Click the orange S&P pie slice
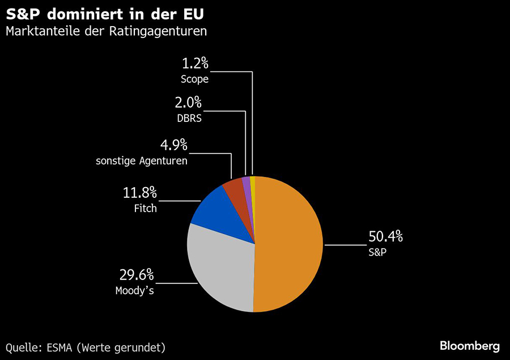pyautogui.click(x=289, y=244)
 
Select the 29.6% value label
pyautogui.click(x=136, y=276)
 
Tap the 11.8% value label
pyautogui.click(x=139, y=193)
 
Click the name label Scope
pyautogui.click(x=194, y=79)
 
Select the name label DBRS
pyautogui.click(x=189, y=119)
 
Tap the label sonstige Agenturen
pyautogui.click(x=142, y=161)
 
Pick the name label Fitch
pyautogui.click(x=145, y=209)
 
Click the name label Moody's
pyautogui.click(x=134, y=291)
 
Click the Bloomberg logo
pyautogui.click(x=470, y=345)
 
